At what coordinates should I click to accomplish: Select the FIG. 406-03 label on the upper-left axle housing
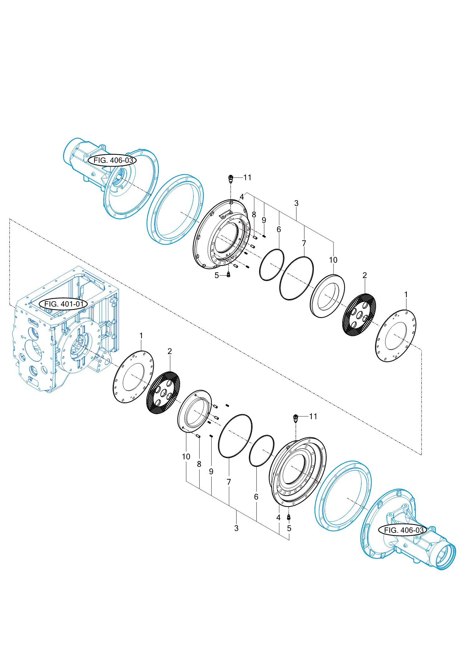point(113,160)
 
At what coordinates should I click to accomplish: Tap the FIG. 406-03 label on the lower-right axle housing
point(403,530)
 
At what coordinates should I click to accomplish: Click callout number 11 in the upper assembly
point(247,178)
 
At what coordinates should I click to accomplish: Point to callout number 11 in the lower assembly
point(313,416)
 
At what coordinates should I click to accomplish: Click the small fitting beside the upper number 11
point(231,179)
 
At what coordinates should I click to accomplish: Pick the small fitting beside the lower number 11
point(296,418)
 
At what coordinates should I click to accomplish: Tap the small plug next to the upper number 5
point(228,275)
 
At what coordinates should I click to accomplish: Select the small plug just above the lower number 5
point(289,517)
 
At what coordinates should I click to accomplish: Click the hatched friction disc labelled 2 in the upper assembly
point(359,315)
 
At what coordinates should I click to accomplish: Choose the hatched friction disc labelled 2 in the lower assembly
point(163,393)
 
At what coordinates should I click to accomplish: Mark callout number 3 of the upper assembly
point(296,203)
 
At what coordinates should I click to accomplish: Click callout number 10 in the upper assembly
point(333,260)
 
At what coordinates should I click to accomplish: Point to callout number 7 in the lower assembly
point(229,482)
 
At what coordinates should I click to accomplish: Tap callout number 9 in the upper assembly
point(264,220)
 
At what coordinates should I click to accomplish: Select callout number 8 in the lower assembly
point(199,464)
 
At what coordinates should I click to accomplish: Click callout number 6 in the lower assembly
point(256,497)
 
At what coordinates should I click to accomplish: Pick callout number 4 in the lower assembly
point(278,517)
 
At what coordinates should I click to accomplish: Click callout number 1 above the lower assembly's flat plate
point(141,336)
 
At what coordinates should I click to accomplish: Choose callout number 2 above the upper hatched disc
point(365,275)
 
